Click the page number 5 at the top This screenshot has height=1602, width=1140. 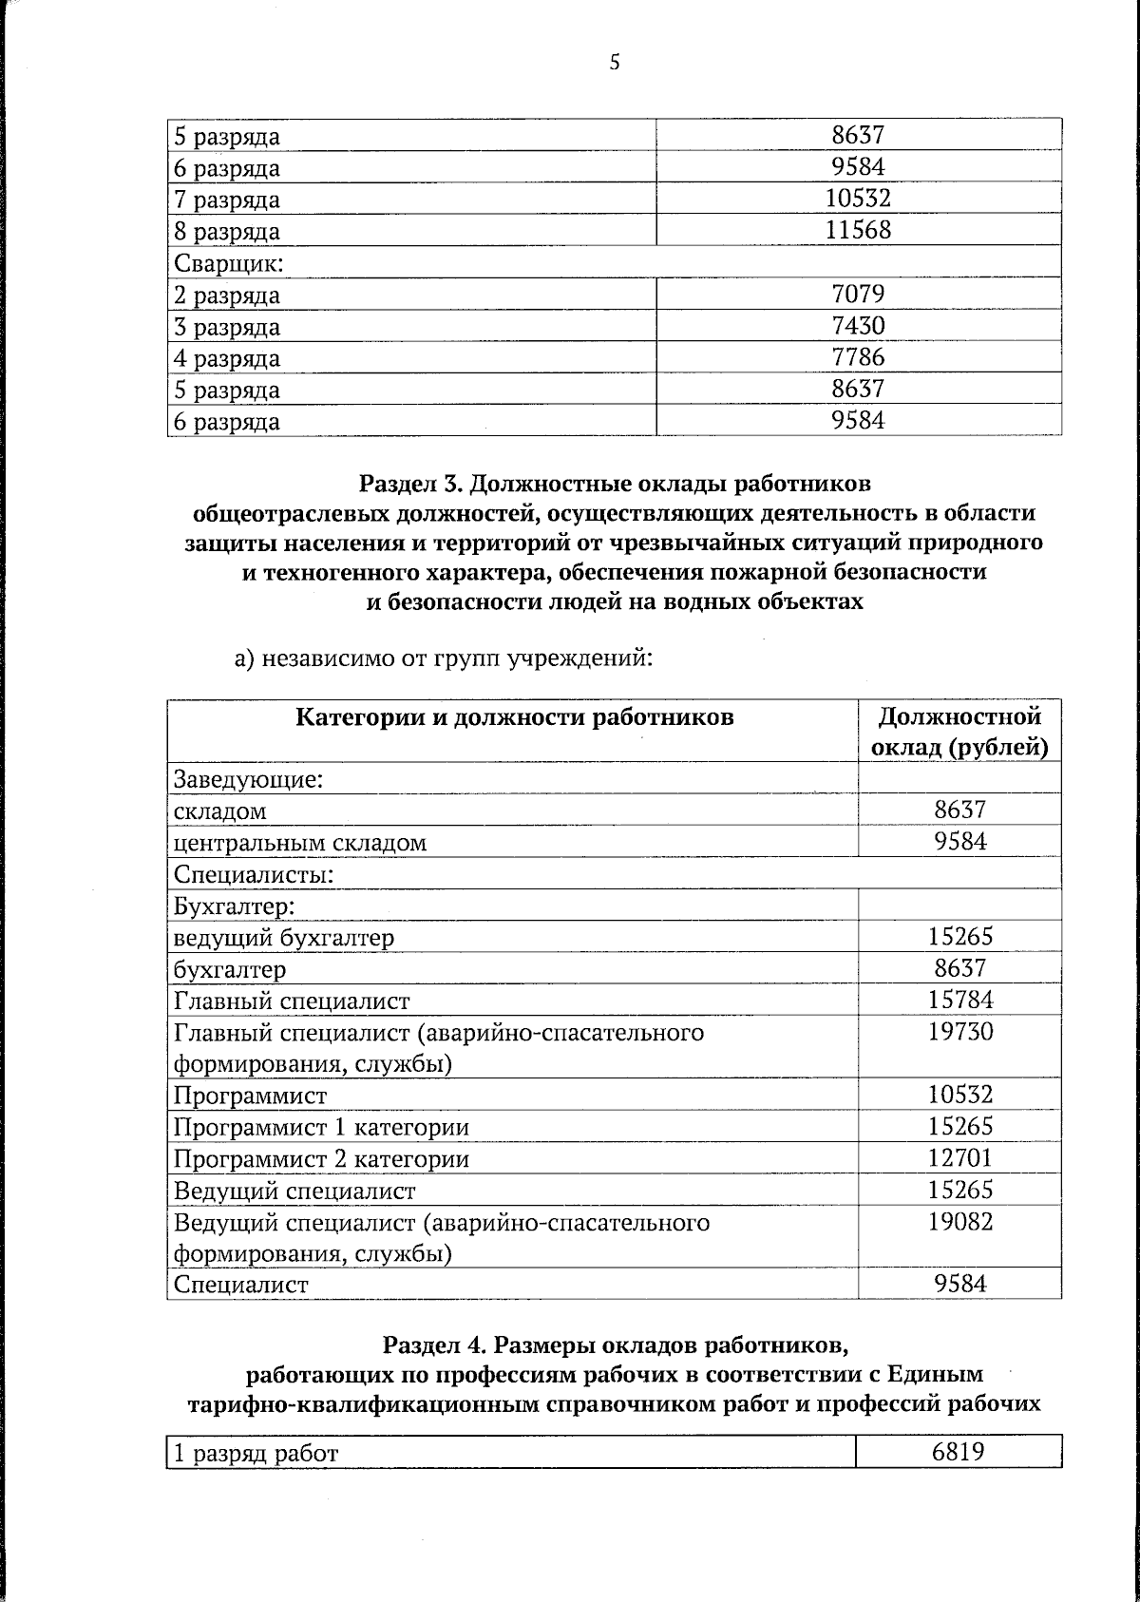615,64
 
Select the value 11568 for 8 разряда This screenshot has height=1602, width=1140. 858,230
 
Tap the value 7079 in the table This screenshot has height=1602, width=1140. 858,294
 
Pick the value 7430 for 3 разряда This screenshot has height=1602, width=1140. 858,326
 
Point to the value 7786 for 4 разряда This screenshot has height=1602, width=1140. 858,357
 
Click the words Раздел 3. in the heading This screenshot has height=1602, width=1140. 410,485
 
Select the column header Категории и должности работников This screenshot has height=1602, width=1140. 515,716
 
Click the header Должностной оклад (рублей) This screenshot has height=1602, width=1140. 959,732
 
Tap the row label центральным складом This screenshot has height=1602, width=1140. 299,843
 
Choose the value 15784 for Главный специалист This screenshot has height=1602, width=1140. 960,1000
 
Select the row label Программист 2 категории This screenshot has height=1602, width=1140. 321,1159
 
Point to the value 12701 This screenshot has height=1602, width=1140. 960,1158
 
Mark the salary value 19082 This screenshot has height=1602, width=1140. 960,1222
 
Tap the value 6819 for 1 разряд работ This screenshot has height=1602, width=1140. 958,1478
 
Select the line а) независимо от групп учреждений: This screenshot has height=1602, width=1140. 444,658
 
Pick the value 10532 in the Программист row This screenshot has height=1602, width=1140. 960,1095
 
